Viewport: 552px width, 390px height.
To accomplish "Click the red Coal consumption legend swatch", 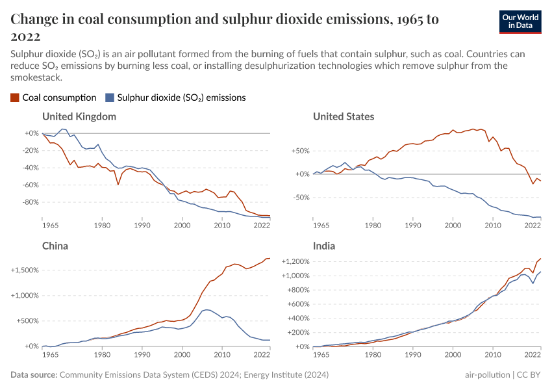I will click(x=15, y=97).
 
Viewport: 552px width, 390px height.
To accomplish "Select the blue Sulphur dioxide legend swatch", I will click(x=110, y=97).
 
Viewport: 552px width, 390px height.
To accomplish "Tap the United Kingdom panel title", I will click(x=79, y=116).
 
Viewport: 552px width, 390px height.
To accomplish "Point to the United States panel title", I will click(x=344, y=116).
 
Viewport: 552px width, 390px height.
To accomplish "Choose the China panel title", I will click(x=55, y=246).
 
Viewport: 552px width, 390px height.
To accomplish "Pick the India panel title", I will click(x=324, y=246).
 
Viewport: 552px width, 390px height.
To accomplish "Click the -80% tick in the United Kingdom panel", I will click(x=31, y=202).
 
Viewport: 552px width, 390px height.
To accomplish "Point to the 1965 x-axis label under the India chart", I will click(x=321, y=355).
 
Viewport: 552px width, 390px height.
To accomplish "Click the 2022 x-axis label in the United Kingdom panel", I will click(x=261, y=226).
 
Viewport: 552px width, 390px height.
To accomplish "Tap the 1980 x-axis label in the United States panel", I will click(x=373, y=226).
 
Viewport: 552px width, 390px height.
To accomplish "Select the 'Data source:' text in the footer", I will click(x=34, y=375).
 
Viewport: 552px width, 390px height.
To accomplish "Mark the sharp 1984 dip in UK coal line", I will click(x=118, y=185).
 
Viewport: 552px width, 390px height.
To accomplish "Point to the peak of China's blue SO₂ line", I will click(x=206, y=309).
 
